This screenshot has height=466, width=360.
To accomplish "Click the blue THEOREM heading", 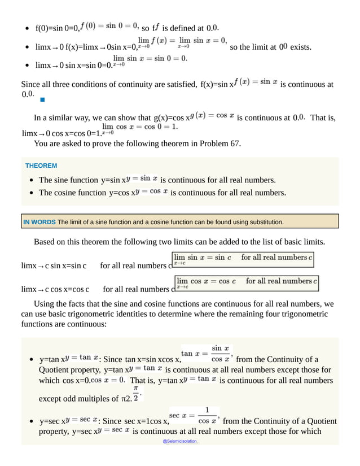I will [41, 166].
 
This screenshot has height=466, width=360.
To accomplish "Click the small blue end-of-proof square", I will [42, 99].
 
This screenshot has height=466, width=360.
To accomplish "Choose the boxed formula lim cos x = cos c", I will [246, 282].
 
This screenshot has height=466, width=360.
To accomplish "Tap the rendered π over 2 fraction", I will [136, 393].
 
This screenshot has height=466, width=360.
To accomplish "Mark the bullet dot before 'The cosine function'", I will [29, 193].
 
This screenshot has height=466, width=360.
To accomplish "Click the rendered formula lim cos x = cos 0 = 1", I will [139, 128].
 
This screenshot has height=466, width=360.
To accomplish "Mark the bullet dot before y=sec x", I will [29, 421].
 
